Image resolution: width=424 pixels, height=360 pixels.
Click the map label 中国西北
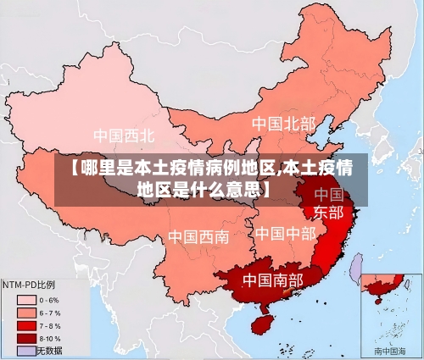pyautogui.click(x=124, y=136)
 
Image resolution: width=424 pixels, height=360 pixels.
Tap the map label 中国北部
pyautogui.click(x=282, y=124)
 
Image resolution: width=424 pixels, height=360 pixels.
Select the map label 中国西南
pyautogui.click(x=198, y=236)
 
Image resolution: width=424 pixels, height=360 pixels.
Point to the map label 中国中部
pyautogui.click(x=285, y=232)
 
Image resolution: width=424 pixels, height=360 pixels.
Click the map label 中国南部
pyautogui.click(x=272, y=279)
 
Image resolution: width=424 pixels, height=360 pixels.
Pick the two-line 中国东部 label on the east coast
pyautogui.click(x=328, y=204)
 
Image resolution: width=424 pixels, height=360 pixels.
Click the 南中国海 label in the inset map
pyautogui.click(x=389, y=350)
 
